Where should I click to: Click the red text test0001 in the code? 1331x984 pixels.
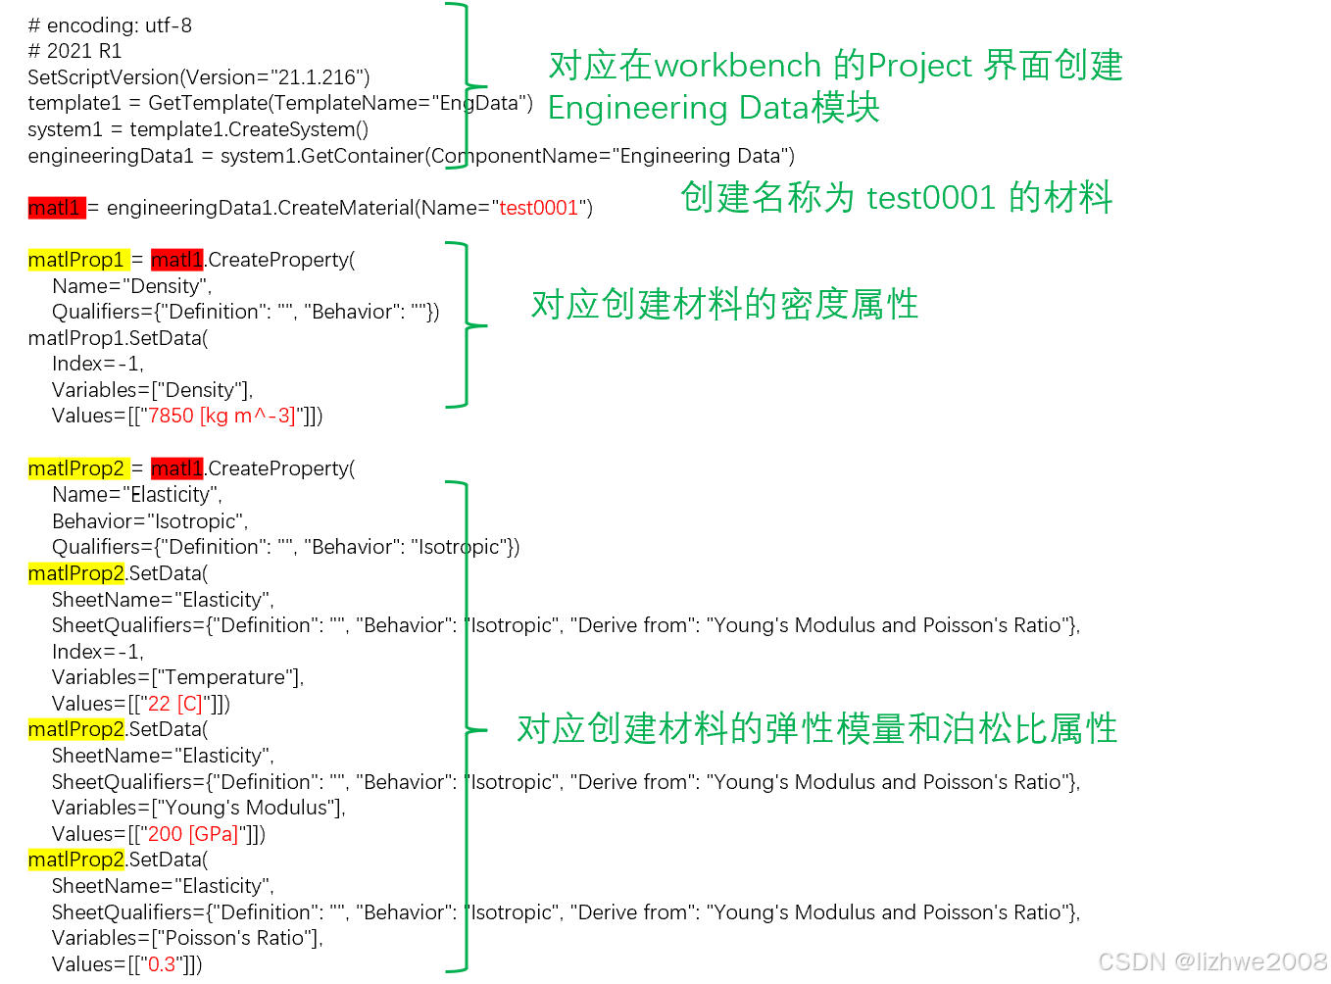click(x=539, y=208)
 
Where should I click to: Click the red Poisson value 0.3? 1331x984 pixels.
click(x=162, y=964)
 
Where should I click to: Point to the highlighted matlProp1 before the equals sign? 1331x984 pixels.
click(x=76, y=260)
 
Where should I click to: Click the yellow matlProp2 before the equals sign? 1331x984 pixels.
click(x=76, y=468)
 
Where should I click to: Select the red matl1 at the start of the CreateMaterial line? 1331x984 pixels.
click(x=55, y=208)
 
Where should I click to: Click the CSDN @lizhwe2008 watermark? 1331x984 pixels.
click(x=1211, y=961)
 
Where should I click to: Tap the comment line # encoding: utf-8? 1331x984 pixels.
click(x=110, y=25)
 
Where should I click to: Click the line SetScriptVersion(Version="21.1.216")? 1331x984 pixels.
click(x=199, y=77)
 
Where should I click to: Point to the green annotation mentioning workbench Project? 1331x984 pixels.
click(x=835, y=66)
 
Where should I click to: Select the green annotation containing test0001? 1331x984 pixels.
click(x=896, y=197)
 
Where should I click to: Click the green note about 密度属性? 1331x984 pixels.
click(x=724, y=305)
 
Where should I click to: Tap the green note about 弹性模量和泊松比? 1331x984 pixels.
click(x=816, y=729)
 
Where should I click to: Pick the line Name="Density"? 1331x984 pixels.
click(x=131, y=286)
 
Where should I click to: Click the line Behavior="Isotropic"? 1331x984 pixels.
click(x=149, y=521)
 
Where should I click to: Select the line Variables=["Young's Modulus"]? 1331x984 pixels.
click(x=198, y=808)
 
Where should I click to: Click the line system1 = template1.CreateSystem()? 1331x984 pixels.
click(x=198, y=129)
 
